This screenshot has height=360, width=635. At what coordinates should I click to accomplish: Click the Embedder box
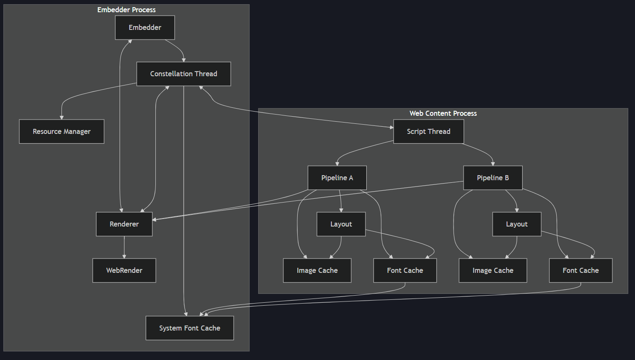[x=145, y=28]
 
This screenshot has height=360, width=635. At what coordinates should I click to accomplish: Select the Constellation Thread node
[x=184, y=74]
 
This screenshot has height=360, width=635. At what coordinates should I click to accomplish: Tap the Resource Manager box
[x=61, y=132]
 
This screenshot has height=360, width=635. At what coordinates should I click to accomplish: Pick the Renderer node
[x=124, y=224]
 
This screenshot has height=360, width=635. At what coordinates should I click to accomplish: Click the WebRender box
[x=124, y=270]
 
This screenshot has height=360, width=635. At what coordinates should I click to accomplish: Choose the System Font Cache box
[x=189, y=328]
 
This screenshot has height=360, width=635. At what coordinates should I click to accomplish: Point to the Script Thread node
[x=428, y=132]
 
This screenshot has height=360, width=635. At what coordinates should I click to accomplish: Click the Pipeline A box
[x=337, y=178]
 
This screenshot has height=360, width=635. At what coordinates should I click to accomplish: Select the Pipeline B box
[x=493, y=178]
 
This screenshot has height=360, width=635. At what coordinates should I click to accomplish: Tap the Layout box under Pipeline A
[x=341, y=224]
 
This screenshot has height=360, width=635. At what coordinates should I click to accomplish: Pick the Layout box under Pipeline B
[x=517, y=224]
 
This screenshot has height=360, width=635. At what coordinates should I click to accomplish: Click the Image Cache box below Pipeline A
[x=317, y=270]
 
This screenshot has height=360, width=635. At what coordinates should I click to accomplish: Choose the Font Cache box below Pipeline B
[x=580, y=270]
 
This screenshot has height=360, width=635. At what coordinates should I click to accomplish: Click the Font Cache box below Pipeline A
[x=405, y=270]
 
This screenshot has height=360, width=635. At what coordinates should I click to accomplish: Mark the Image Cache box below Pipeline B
[x=493, y=270]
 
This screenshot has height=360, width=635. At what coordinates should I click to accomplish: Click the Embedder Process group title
[x=126, y=10]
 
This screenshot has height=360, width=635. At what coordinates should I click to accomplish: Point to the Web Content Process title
[x=443, y=113]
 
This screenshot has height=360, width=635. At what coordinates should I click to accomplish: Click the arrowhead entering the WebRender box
[x=124, y=256]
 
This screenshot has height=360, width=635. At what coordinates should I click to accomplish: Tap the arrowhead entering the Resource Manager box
[x=61, y=117]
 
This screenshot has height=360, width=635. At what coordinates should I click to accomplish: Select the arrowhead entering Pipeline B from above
[x=493, y=164]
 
